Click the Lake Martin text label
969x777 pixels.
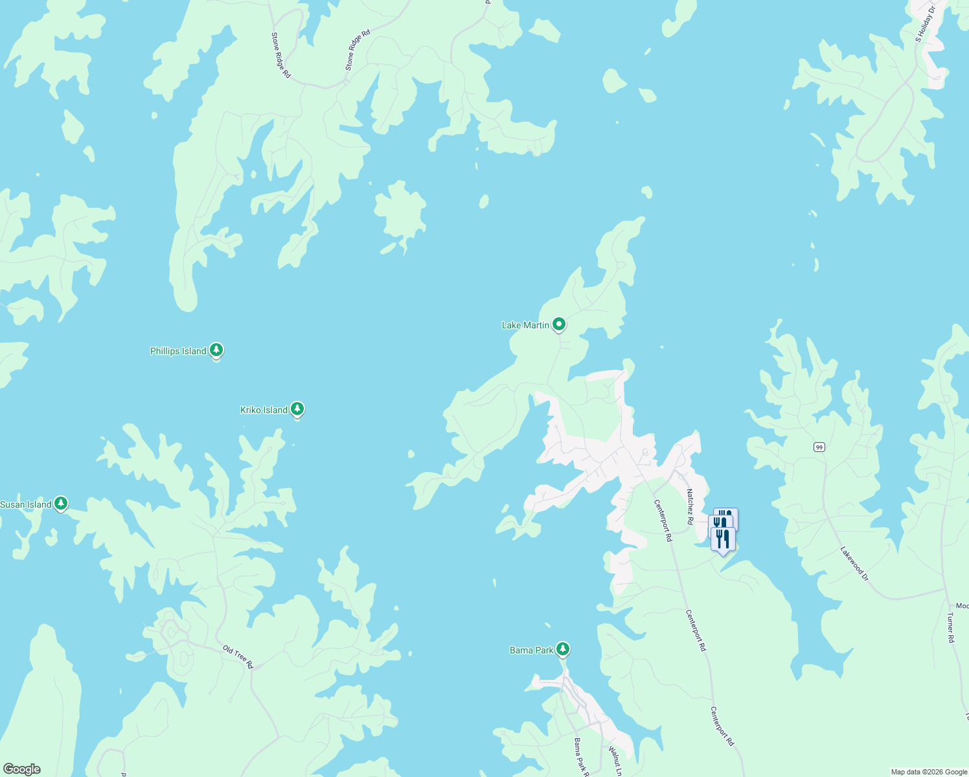(x=525, y=325)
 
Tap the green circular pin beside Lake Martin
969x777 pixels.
(x=558, y=324)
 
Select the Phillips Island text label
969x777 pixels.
(x=178, y=351)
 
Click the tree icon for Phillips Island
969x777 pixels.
(x=216, y=350)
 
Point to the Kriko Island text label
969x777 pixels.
(x=264, y=410)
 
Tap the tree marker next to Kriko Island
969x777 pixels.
(x=297, y=409)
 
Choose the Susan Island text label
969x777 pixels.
(x=26, y=504)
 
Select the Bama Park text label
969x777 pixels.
(x=531, y=650)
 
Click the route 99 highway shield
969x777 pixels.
(x=819, y=447)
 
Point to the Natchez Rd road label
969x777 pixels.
(x=690, y=506)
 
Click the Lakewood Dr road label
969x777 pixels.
(x=854, y=563)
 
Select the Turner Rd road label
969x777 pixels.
(x=951, y=627)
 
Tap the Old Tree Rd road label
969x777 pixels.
(x=238, y=657)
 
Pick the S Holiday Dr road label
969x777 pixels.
(x=926, y=25)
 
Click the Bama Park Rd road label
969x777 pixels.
(x=581, y=757)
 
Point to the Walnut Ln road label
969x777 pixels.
(x=615, y=761)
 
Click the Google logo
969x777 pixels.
(x=22, y=769)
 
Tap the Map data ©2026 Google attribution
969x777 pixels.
(x=929, y=772)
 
